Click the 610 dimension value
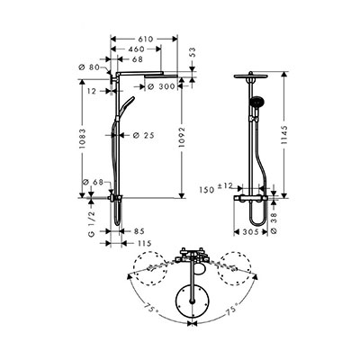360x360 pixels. [145, 39]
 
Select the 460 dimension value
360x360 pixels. [137, 49]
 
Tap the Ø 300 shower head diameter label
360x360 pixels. [161, 86]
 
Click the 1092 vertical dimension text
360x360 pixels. [182, 138]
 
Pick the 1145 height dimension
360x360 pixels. [284, 135]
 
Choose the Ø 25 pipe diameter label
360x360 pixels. [144, 136]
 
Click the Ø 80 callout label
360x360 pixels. [89, 67]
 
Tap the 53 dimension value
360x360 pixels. [193, 52]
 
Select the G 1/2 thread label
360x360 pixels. [92, 223]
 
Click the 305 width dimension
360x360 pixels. [250, 232]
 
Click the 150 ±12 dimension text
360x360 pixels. [220, 188]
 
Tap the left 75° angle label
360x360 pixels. [151, 308]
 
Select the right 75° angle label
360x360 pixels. [231, 309]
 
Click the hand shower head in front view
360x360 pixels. [255, 102]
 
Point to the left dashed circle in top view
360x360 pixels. [150, 268]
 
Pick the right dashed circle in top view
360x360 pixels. [236, 268]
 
